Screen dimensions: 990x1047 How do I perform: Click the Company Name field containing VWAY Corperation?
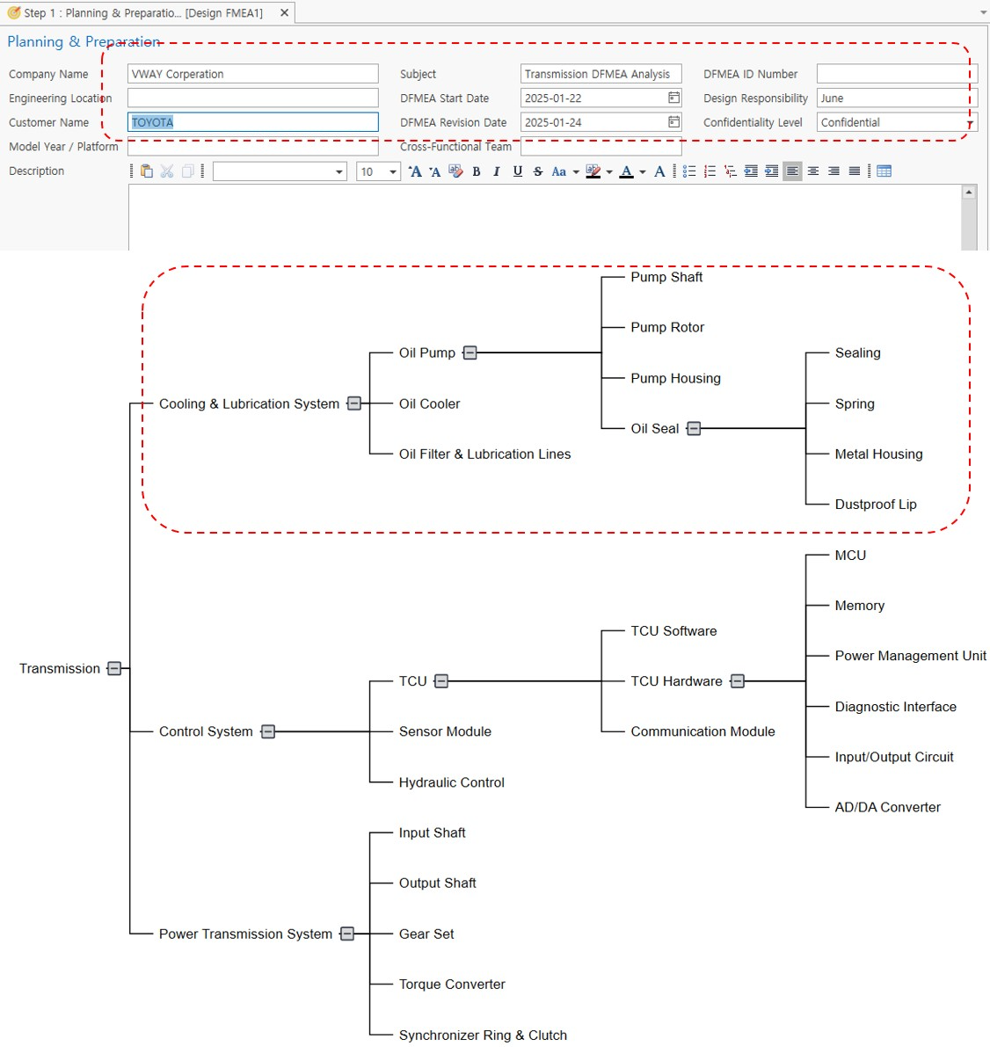coord(252,74)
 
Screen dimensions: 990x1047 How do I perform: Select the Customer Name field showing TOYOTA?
coord(252,122)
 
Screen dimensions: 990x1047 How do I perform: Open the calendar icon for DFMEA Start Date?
coord(674,98)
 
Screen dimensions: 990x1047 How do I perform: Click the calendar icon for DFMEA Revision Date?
coord(674,121)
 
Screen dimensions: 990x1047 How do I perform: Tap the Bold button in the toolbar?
coord(477,171)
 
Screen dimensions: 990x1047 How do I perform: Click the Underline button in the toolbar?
coord(518,171)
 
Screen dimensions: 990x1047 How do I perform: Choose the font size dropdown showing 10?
coord(378,171)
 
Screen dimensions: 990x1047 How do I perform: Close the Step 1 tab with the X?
coord(284,12)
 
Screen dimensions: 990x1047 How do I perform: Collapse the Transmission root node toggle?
coord(114,668)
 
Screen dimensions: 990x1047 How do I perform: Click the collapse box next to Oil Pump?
coord(470,353)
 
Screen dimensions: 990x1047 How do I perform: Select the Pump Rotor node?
coord(667,327)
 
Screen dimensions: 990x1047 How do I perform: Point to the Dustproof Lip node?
coord(876,504)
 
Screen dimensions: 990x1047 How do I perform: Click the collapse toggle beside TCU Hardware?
coord(738,681)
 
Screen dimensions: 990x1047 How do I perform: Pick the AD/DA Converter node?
coord(888,807)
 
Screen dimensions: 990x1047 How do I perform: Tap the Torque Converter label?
coord(452,985)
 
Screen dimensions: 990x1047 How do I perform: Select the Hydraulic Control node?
coord(452,782)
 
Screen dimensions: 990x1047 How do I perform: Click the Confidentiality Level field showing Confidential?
coord(897,122)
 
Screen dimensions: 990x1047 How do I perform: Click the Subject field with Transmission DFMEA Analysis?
coord(601,74)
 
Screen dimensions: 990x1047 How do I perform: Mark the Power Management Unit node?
coord(911,656)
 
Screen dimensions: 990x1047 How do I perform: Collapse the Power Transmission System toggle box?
coord(347,934)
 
